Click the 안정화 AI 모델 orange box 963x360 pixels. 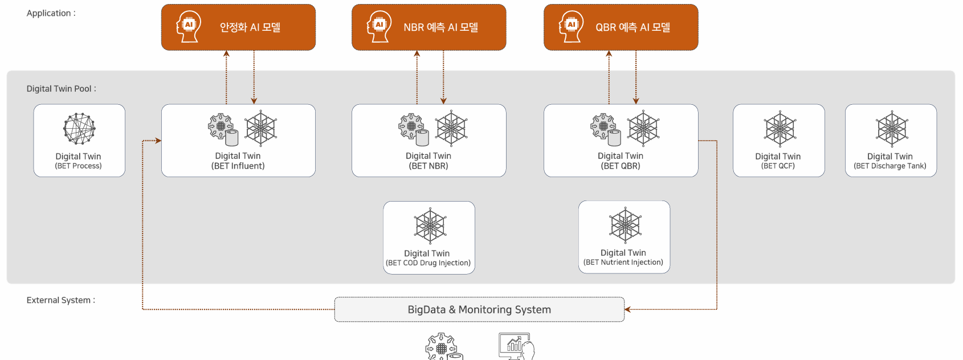(238, 27)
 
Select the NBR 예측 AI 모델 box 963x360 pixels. (429, 27)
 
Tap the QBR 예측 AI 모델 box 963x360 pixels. (621, 27)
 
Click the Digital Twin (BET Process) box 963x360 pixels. (79, 141)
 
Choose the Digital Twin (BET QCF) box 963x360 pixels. (778, 141)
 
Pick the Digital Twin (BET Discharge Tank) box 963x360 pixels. (891, 141)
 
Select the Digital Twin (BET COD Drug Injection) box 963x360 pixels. (429, 238)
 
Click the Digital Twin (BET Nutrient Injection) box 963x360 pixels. (624, 237)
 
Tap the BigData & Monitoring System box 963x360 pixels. (479, 309)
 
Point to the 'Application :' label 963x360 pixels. (51, 13)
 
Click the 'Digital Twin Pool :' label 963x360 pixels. (61, 89)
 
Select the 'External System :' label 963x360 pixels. (60, 300)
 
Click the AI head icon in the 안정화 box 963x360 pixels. (189, 26)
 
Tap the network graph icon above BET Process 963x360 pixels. (79, 128)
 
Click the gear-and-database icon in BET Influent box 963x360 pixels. (222, 129)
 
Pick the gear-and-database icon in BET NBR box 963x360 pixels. (413, 129)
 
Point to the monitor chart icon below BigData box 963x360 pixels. (516, 346)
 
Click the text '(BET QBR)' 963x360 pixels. (621, 166)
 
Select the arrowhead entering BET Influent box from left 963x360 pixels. (158, 141)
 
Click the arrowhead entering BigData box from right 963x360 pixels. (627, 309)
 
